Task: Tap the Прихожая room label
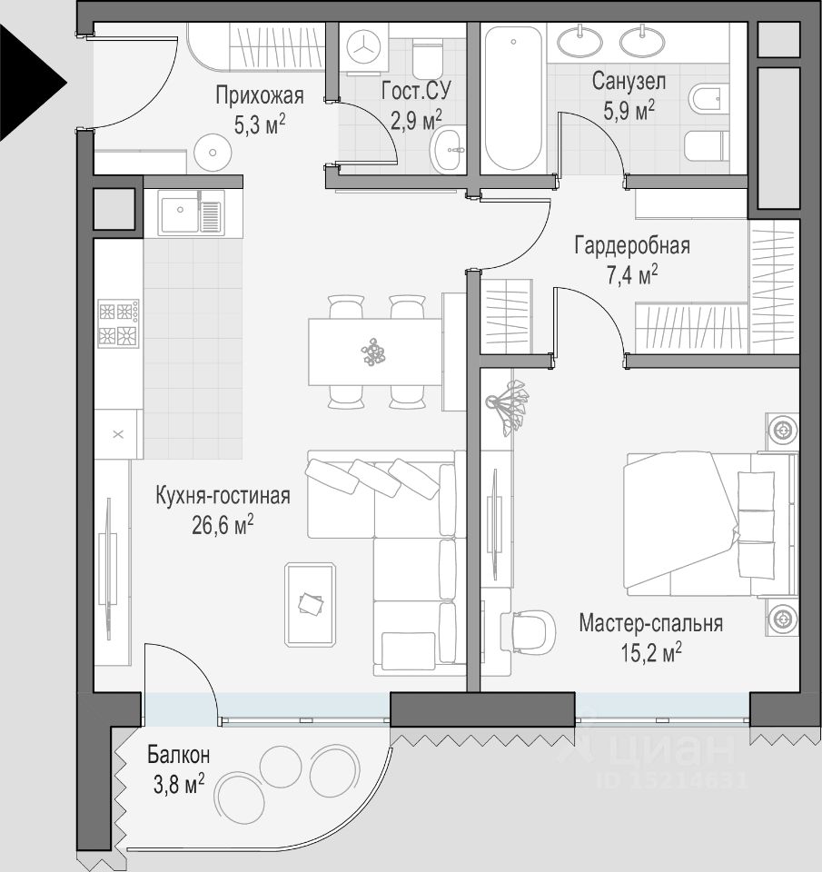pos(260,95)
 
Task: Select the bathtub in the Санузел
pos(513,98)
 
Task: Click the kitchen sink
pos(192,213)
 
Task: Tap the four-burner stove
pos(118,323)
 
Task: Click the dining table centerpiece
pos(373,352)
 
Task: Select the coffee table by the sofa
pos(311,605)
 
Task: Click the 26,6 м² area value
pos(223,524)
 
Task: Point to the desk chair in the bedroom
pos(529,632)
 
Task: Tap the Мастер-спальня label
pos(650,623)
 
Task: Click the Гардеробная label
pos(632,245)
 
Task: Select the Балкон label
pos(179,755)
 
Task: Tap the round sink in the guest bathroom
pos(449,149)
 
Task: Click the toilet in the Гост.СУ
pos(428,60)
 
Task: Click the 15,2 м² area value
pos(651,652)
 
